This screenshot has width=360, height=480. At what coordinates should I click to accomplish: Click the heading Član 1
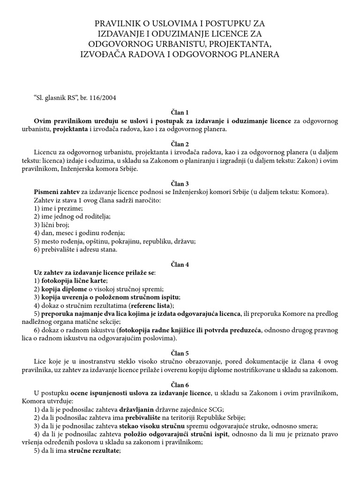180,112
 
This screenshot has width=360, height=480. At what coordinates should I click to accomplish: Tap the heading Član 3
180,183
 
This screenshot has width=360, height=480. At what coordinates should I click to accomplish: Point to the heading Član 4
180,264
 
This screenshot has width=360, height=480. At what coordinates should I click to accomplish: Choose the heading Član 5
180,353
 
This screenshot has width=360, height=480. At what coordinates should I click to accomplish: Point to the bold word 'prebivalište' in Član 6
138,417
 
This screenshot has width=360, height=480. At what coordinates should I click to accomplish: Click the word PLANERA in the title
256,54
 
